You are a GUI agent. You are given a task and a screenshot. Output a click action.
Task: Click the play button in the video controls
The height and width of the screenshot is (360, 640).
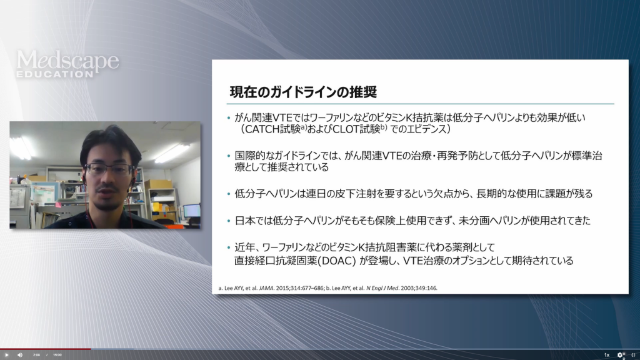[x=6, y=355]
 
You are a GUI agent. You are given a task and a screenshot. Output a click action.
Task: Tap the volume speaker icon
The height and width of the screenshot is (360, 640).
[x=20, y=355]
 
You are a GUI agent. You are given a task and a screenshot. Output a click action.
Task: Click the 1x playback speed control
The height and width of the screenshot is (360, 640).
[x=606, y=355]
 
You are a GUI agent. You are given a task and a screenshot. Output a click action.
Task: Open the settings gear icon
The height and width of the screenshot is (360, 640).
[x=620, y=355]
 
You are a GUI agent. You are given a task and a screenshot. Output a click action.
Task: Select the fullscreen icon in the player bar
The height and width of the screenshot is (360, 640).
[x=633, y=355]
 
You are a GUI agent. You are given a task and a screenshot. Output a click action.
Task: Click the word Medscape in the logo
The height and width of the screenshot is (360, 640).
[x=67, y=61]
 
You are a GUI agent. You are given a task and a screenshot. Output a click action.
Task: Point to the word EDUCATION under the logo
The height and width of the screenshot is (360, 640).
[x=55, y=74]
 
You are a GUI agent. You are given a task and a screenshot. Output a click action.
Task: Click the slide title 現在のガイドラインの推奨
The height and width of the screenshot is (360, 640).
[x=303, y=92]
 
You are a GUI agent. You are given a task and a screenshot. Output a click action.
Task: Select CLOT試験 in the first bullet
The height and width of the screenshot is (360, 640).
[x=356, y=129]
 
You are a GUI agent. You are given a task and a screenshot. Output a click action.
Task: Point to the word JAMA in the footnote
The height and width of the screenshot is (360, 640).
[x=266, y=288]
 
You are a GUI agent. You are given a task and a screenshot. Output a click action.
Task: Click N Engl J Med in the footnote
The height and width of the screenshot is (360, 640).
[x=382, y=288]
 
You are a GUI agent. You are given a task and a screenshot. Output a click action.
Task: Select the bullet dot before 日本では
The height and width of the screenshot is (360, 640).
[x=229, y=221]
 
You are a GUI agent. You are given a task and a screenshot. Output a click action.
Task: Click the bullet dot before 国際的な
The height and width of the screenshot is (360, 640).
[x=229, y=156]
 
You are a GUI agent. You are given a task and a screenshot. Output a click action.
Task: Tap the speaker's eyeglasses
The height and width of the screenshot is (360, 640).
[x=109, y=169]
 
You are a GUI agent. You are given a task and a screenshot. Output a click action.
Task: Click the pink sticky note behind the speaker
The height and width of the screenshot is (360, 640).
[x=58, y=204]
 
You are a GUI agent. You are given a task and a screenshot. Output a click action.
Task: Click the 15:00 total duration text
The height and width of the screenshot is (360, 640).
[x=57, y=355]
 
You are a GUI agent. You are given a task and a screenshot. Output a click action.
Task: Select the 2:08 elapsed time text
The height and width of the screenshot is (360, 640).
[x=36, y=355]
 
